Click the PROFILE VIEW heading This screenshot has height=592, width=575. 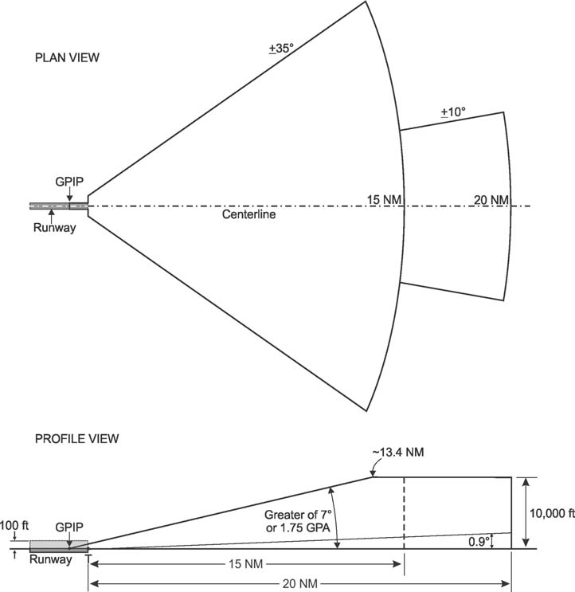point(76,438)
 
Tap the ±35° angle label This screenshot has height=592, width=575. point(281,49)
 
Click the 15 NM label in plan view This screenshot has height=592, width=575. point(381,199)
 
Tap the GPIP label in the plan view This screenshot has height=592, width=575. point(69,182)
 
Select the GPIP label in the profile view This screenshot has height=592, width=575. point(68,527)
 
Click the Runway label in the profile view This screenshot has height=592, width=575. point(50,560)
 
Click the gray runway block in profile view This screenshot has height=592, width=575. point(58,546)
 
